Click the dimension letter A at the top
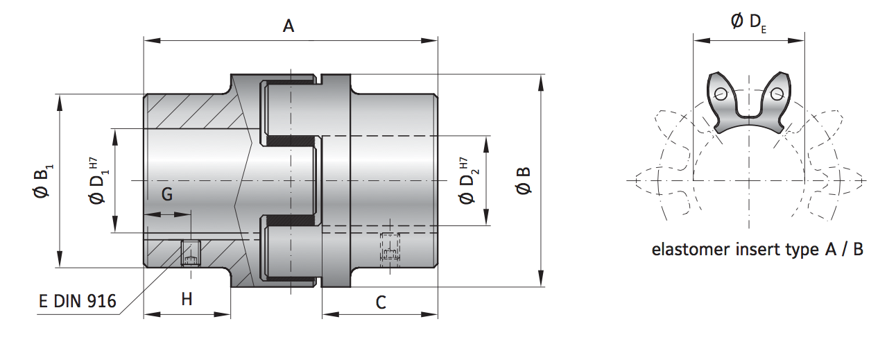[288, 26]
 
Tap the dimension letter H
[187, 299]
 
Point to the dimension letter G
[166, 196]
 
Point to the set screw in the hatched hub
[189, 252]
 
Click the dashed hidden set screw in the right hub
[390, 247]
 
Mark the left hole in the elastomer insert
[722, 94]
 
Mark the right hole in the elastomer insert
[776, 94]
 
